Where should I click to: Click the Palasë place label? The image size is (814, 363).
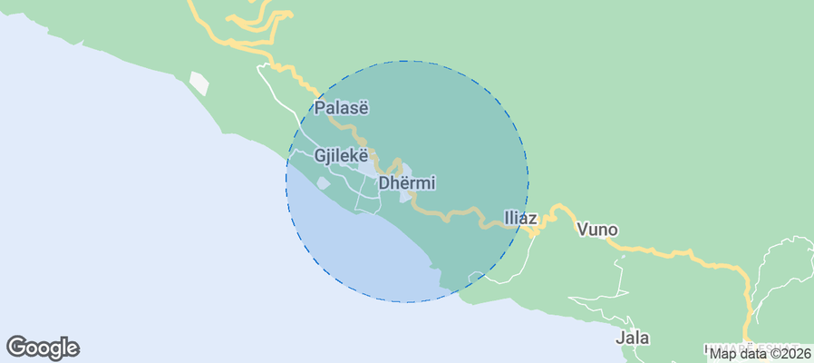tap(342, 108)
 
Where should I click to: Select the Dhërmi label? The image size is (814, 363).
tap(407, 182)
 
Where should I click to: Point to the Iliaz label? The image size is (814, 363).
tap(520, 219)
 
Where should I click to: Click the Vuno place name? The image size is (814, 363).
tap(597, 230)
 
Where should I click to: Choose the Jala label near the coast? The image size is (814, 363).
tap(633, 338)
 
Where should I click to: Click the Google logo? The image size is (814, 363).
tap(43, 347)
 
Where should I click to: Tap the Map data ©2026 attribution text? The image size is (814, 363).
tap(760, 353)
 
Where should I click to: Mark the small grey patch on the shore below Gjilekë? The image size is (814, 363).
tap(324, 183)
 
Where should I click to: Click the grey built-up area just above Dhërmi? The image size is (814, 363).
tap(372, 168)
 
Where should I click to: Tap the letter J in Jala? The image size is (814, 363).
tap(620, 338)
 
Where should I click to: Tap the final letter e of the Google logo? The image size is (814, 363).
tap(73, 348)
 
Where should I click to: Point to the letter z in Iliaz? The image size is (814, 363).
tap(534, 219)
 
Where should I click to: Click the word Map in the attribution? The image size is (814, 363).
tap(722, 353)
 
